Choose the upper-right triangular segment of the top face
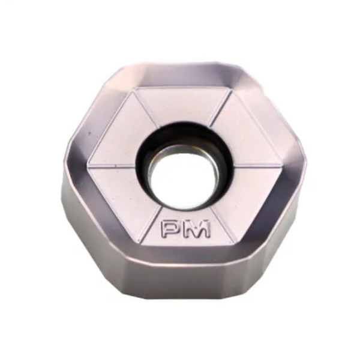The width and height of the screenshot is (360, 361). click(240, 135)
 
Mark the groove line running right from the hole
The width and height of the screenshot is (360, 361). click(252, 166)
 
